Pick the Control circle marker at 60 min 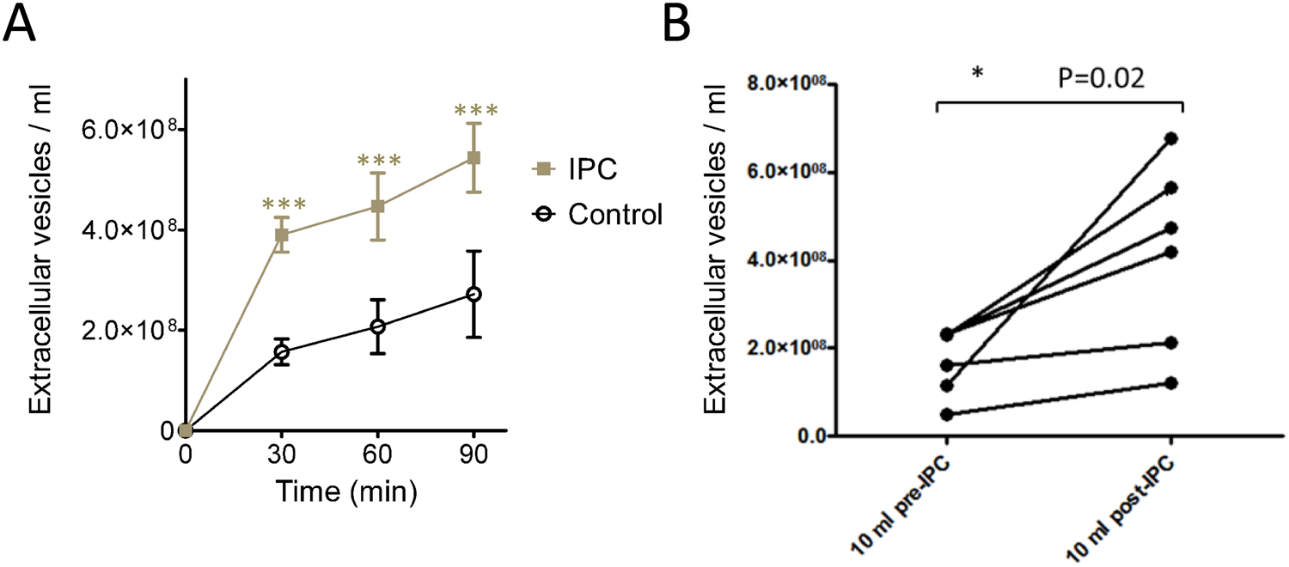click(x=377, y=326)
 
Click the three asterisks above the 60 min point click(x=377, y=161)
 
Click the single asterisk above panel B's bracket click(x=977, y=75)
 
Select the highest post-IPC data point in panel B click(x=1171, y=137)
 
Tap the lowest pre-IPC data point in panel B click(x=946, y=414)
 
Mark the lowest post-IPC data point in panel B click(x=1171, y=382)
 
